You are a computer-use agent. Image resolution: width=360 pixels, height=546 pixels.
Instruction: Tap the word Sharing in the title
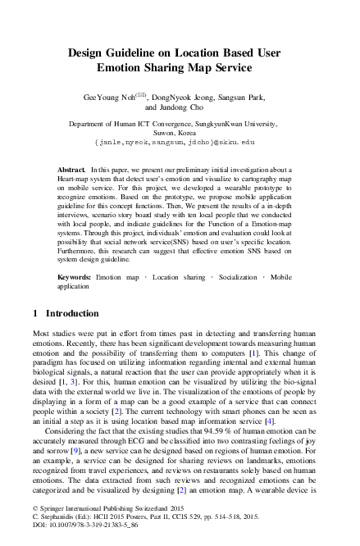coord(180,70)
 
